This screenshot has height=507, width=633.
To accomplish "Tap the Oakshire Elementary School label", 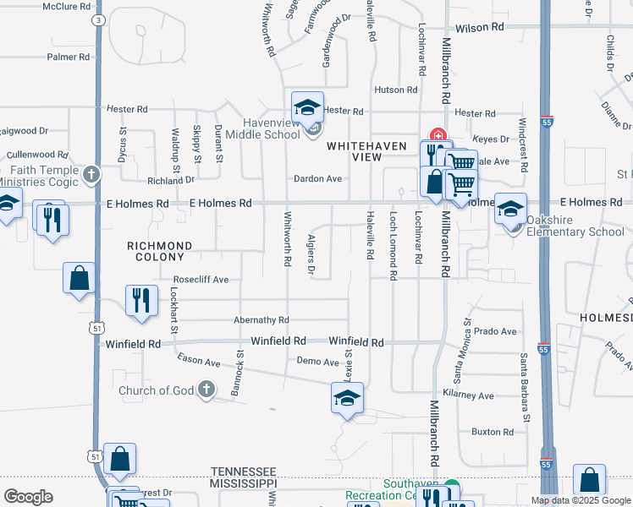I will coord(575,226).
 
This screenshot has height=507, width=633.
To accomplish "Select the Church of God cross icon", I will coord(206,390).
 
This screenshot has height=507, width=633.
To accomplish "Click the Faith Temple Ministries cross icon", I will coord(92,174).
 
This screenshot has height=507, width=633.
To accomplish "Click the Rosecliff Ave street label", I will coord(201,279).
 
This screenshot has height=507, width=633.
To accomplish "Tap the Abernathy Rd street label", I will coord(261,320).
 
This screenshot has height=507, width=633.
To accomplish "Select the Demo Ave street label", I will coord(318,362).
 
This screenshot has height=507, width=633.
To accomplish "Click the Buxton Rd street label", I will coord(493,432).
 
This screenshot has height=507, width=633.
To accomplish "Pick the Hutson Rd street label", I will coord(396,90).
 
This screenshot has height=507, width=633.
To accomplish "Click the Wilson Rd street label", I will coord(479,28).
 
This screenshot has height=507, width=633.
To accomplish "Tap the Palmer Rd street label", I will coord(69,57).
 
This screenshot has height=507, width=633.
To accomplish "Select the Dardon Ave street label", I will coord(317,179).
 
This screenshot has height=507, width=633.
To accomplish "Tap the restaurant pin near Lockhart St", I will coord(141,301).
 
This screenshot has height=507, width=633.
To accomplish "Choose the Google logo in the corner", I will coord(28,496).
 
